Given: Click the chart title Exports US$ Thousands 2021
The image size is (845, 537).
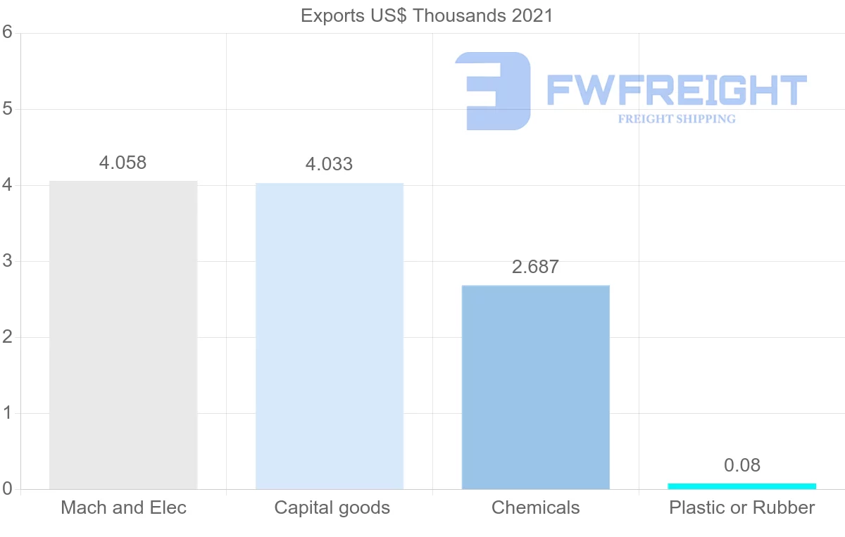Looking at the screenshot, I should (427, 15).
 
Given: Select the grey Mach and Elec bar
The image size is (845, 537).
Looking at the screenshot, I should (123, 335).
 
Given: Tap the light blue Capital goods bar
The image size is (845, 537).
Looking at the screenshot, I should (330, 336).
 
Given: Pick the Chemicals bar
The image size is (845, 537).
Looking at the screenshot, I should (536, 387).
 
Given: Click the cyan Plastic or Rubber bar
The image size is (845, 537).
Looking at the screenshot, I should (741, 486).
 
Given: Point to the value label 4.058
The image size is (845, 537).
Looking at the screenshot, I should (123, 163).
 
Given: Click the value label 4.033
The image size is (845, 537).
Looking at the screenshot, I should (329, 165).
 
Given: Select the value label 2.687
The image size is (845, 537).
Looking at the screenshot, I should (535, 267).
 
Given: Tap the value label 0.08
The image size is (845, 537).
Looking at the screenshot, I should (742, 465).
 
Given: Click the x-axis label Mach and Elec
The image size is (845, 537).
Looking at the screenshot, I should (123, 507).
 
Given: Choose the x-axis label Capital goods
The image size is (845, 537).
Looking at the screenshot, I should (332, 507).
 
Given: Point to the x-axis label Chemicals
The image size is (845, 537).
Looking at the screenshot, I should (535, 507).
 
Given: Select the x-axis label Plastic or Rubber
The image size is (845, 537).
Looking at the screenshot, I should (741, 507).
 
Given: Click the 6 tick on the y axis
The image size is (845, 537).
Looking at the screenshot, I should (8, 32).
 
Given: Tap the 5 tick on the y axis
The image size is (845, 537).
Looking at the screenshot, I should (8, 109).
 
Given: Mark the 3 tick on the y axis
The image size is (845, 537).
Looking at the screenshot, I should (8, 261).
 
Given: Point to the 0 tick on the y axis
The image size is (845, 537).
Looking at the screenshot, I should (8, 488).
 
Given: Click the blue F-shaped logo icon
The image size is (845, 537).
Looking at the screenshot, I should (494, 91).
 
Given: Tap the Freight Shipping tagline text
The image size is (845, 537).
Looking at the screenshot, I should (677, 119).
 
